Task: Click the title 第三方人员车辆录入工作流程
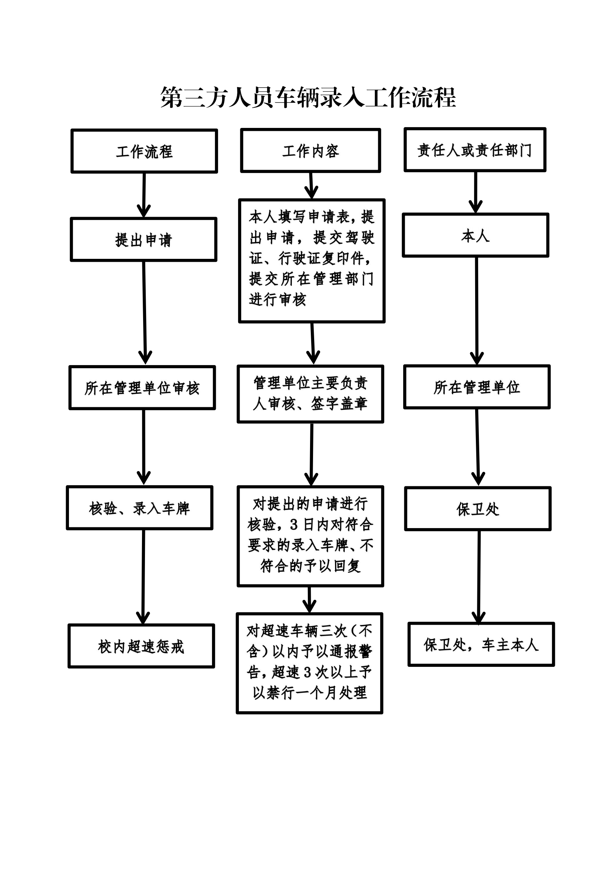click(x=308, y=97)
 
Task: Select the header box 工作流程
click(x=144, y=151)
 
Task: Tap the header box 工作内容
click(x=310, y=150)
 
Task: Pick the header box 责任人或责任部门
click(x=475, y=150)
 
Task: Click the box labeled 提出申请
click(x=143, y=240)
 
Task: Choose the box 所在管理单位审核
click(x=142, y=388)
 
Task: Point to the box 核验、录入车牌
click(x=140, y=508)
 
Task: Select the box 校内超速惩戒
click(x=141, y=646)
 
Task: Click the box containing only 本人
click(x=476, y=235)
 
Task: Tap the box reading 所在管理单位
click(x=477, y=387)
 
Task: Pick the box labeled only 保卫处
click(x=478, y=508)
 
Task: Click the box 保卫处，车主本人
click(x=481, y=644)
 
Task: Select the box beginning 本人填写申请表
click(x=312, y=261)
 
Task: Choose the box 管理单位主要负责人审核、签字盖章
click(x=310, y=394)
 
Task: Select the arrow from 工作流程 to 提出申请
click(x=144, y=195)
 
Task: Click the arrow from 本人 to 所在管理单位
click(x=477, y=311)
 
